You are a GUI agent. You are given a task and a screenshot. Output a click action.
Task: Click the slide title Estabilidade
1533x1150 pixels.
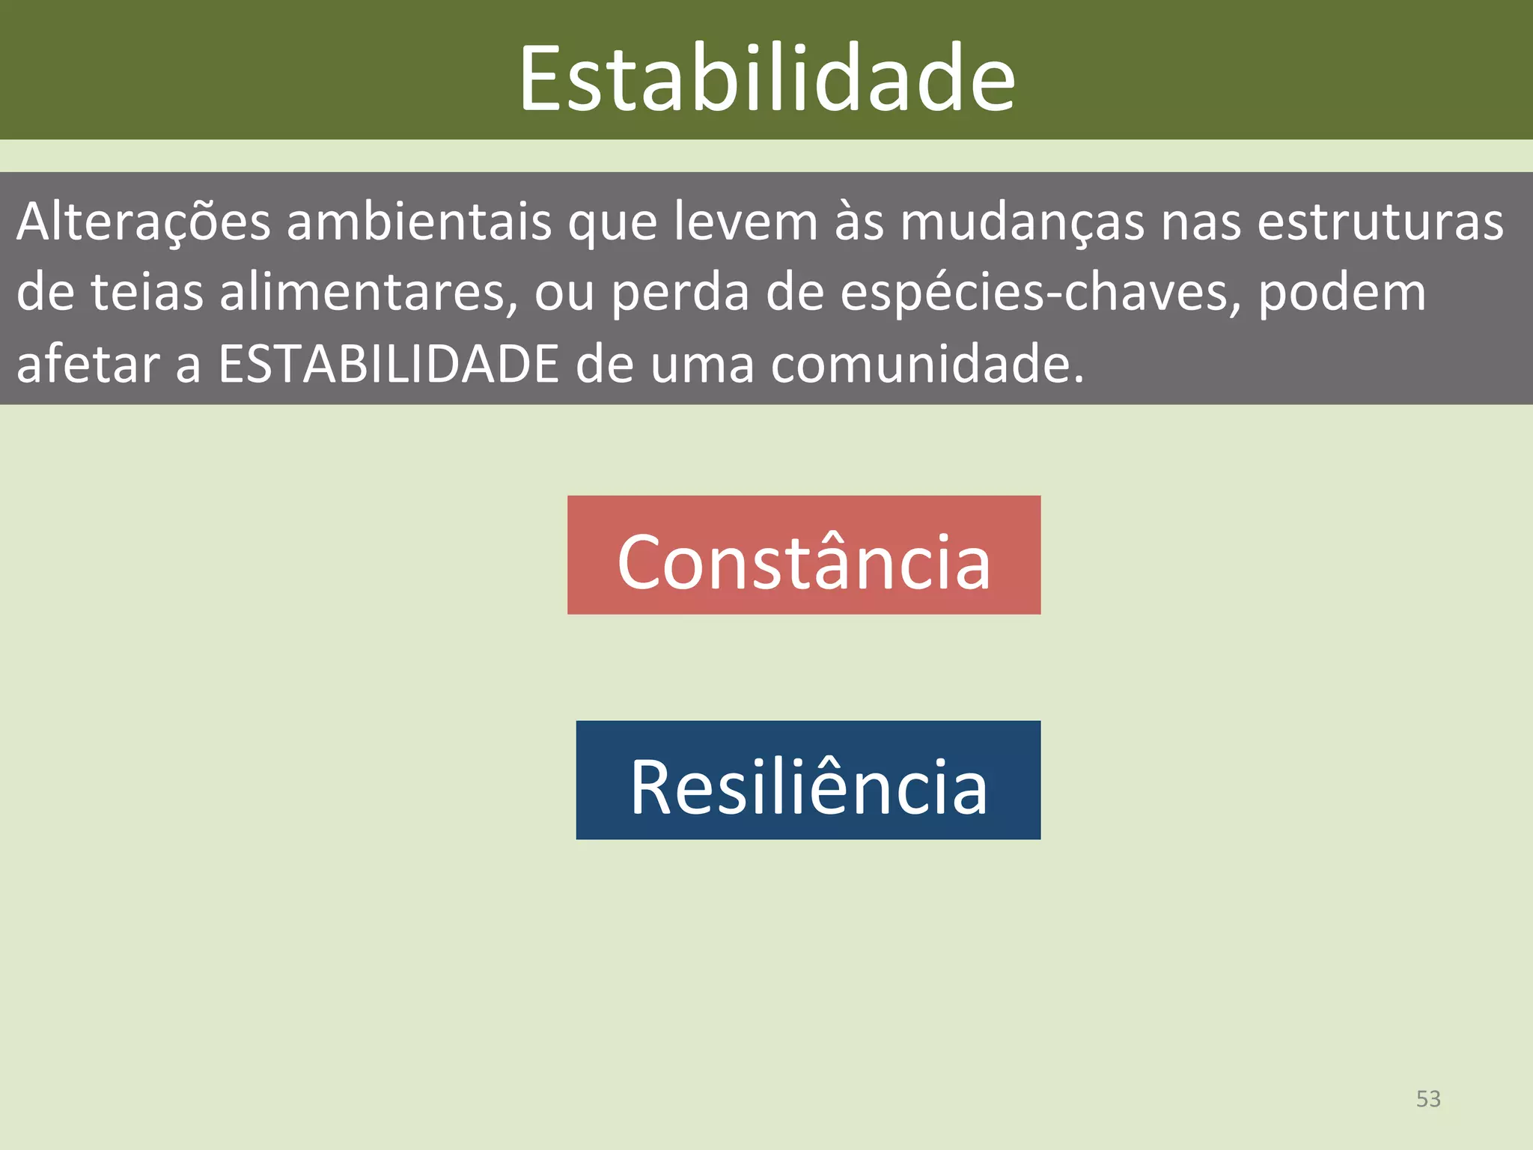click(x=766, y=78)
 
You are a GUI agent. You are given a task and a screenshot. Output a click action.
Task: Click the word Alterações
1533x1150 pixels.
click(x=143, y=222)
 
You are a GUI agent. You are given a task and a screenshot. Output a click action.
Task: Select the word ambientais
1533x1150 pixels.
click(x=418, y=222)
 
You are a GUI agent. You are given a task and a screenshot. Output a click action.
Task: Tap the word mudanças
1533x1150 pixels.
click(x=1022, y=223)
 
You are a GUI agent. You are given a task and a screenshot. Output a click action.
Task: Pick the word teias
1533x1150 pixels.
click(x=147, y=292)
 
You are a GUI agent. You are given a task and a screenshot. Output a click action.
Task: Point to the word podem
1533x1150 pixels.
click(x=1342, y=292)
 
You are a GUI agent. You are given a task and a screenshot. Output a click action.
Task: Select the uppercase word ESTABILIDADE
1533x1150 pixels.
click(x=388, y=364)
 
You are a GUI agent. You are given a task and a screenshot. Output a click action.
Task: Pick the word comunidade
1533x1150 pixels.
click(x=927, y=364)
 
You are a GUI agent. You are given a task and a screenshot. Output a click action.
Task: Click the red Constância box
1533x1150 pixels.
click(x=804, y=556)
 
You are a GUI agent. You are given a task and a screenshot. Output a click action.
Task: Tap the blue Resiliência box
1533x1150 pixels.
click(x=808, y=780)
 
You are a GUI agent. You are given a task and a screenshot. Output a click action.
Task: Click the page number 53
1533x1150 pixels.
click(x=1428, y=1098)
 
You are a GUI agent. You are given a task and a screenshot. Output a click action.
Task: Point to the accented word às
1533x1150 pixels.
click(x=859, y=222)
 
